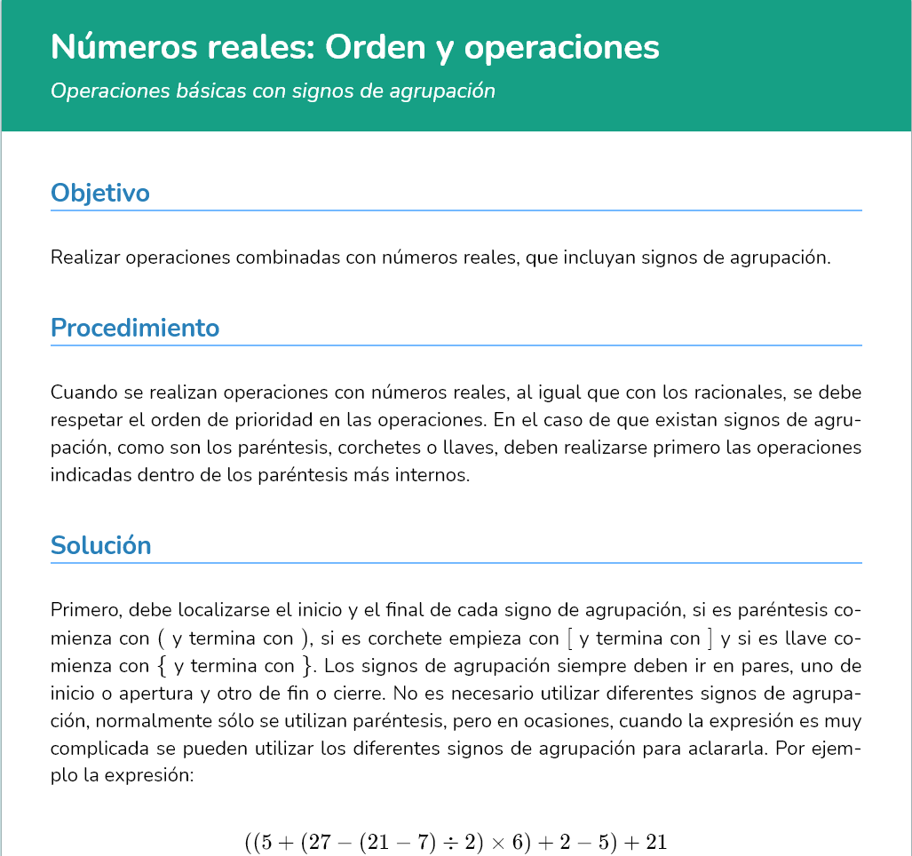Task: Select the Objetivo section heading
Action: pos(99,193)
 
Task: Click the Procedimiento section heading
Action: pos(135,328)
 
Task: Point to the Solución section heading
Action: pos(101,544)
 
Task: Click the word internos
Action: pos(432,475)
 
